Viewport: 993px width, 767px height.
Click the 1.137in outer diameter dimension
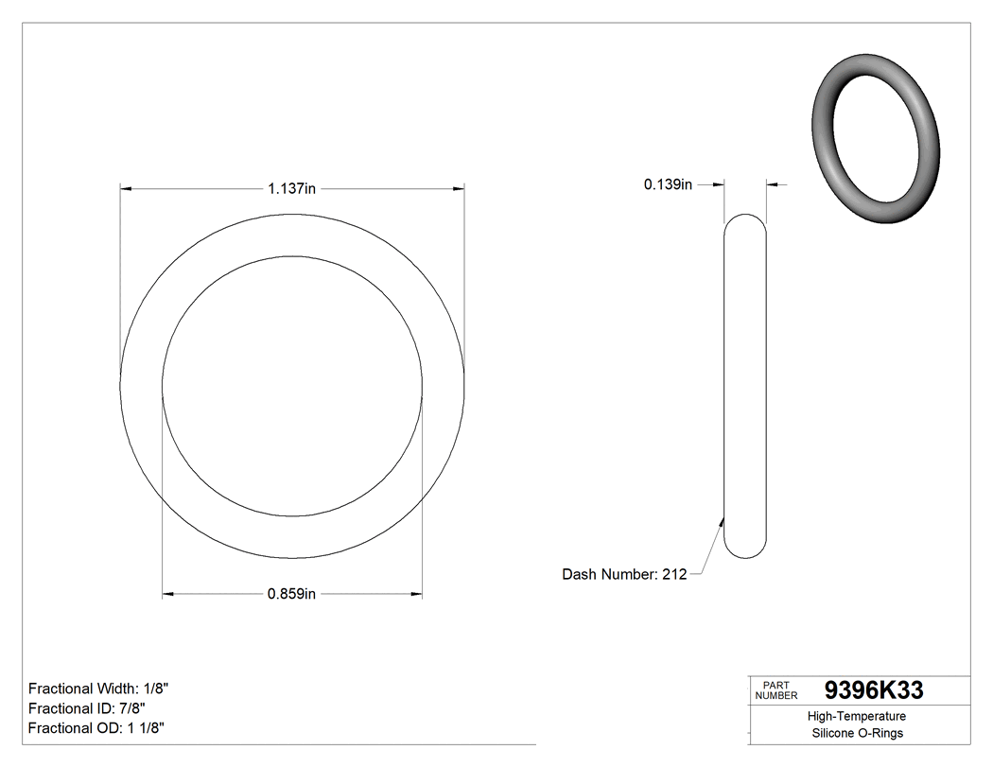(291, 189)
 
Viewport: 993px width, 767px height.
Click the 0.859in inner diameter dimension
(291, 594)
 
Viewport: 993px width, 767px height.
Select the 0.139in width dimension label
(668, 185)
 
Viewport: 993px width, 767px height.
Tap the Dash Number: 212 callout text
(624, 574)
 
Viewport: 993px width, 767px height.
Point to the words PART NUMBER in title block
(776, 690)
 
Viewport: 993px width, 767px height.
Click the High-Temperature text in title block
(857, 717)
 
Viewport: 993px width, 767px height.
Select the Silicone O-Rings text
(857, 733)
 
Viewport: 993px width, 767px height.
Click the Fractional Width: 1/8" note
(99, 689)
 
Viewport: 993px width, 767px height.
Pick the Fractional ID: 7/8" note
(87, 708)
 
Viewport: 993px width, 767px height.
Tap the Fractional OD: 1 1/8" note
(98, 727)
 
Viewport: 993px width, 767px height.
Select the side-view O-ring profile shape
(745, 386)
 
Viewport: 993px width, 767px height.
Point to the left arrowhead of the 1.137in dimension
(126, 189)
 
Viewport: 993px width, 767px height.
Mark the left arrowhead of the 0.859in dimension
(168, 594)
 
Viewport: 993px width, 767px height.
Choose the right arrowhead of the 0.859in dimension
(416, 594)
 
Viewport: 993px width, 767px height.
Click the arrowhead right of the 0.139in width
(772, 184)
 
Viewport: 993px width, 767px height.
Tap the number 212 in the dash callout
(673, 574)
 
